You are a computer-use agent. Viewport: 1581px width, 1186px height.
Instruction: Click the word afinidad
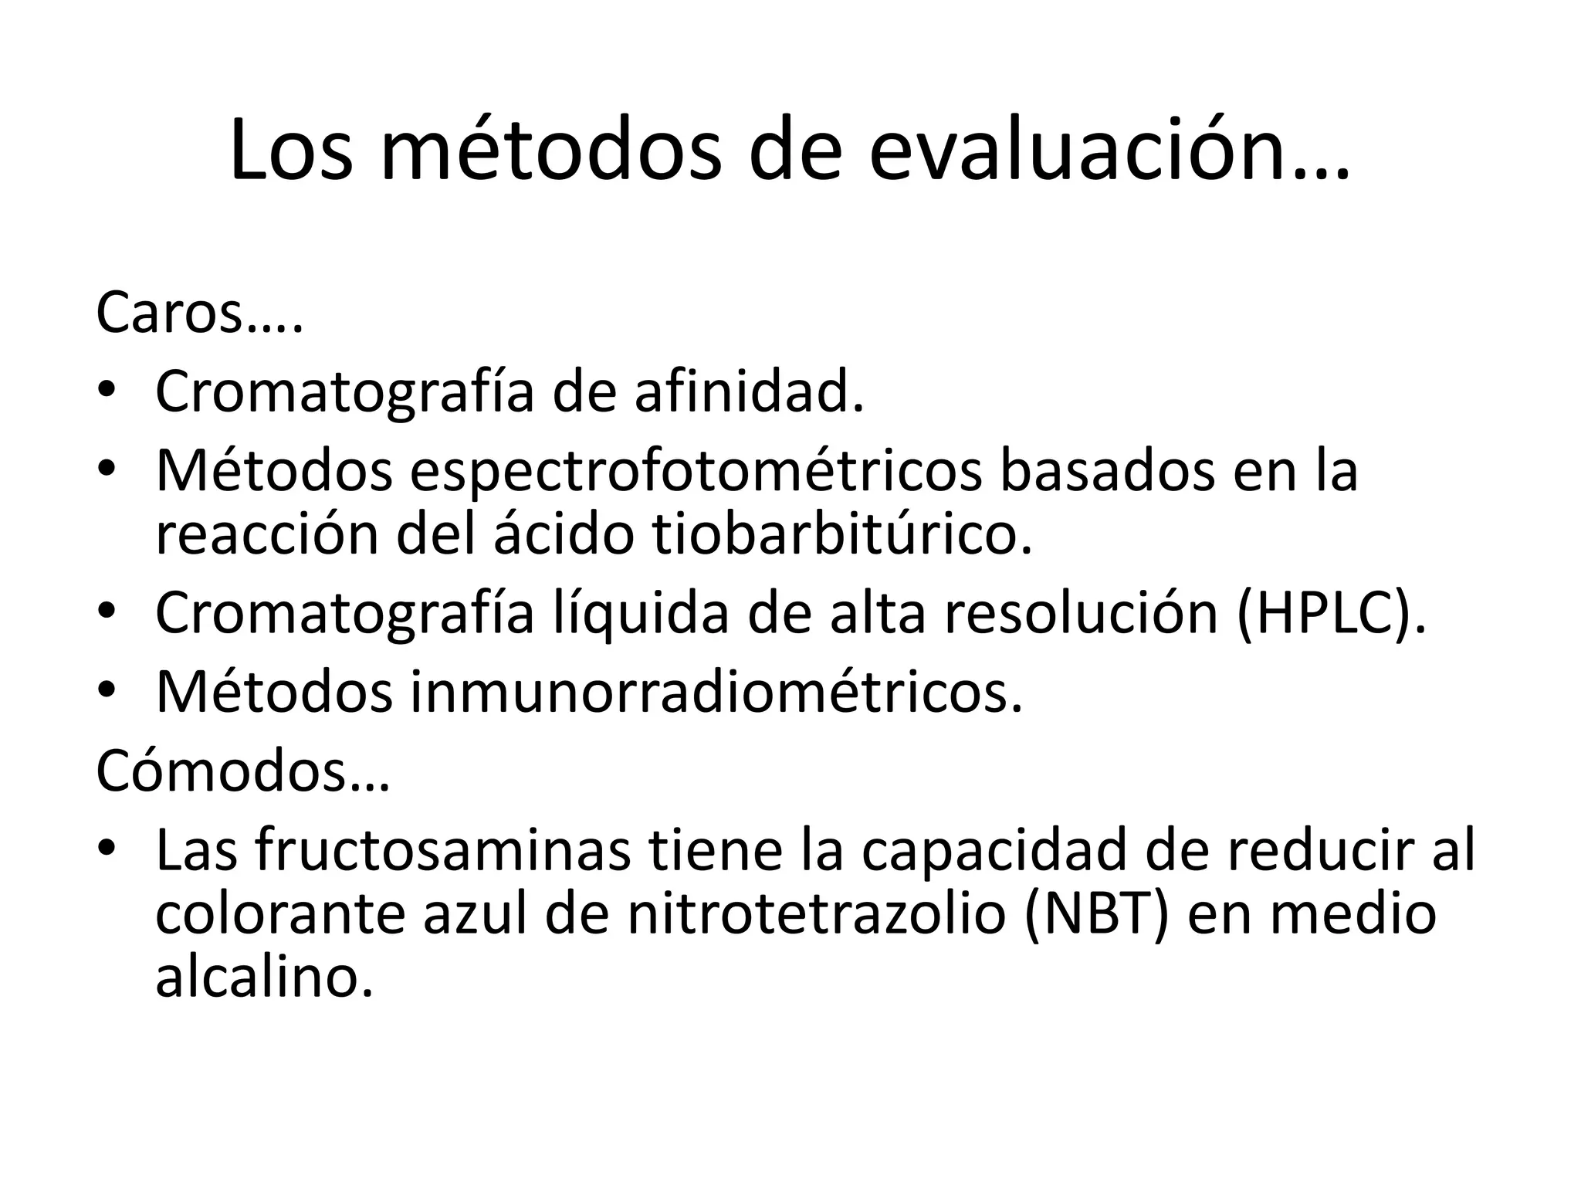(748, 392)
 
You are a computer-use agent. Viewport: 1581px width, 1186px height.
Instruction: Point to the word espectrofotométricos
(696, 471)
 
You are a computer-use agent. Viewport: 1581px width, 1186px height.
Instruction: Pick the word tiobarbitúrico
(841, 534)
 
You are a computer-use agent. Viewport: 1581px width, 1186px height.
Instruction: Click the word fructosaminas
(442, 850)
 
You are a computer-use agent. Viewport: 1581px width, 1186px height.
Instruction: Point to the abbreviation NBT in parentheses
(1096, 913)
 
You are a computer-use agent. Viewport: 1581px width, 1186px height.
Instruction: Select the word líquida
(641, 613)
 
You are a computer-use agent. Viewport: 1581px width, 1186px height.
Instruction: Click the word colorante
(282, 913)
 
